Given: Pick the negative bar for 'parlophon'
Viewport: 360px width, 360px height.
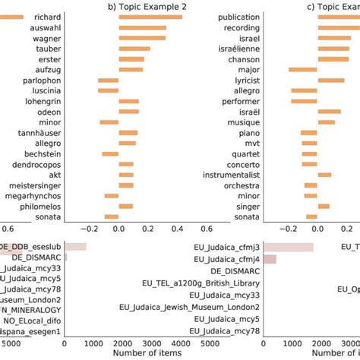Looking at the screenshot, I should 108,80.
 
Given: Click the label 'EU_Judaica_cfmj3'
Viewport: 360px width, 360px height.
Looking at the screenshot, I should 228,247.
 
